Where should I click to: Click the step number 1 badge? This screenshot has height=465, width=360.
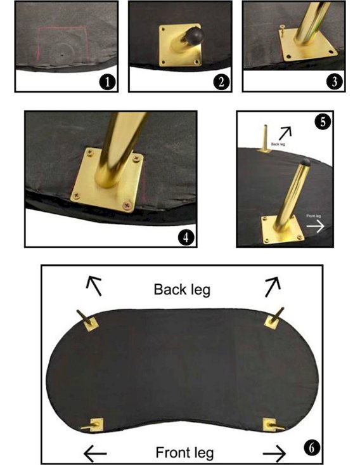[107, 82]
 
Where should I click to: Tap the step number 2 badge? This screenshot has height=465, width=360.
[221, 82]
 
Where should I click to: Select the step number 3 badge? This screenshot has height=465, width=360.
[335, 81]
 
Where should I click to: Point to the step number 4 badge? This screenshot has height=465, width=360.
[186, 237]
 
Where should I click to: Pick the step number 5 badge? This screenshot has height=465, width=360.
[323, 122]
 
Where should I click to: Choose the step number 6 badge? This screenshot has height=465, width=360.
[312, 448]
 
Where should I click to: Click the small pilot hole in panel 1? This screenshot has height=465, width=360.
[62, 55]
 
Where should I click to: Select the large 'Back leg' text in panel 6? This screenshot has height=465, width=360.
[182, 290]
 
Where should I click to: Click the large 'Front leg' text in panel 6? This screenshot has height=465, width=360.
[184, 453]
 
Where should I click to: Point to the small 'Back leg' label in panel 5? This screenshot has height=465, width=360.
[278, 144]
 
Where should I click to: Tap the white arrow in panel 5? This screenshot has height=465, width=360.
[315, 226]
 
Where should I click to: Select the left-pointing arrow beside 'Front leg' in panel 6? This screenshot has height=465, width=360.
[95, 453]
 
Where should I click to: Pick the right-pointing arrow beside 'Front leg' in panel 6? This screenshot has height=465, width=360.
[274, 453]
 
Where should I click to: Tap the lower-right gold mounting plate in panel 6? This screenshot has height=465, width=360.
[269, 424]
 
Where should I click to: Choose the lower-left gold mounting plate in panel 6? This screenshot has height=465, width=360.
[97, 424]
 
